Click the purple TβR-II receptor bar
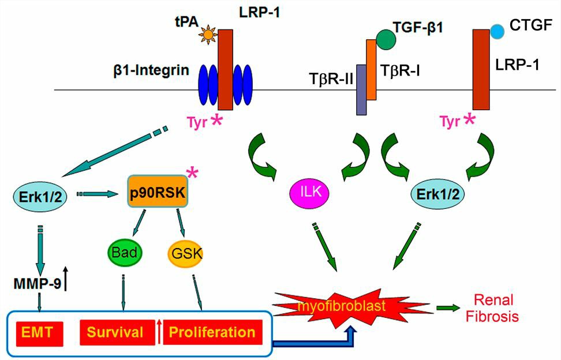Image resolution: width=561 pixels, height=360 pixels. pyautogui.click(x=361, y=89)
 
